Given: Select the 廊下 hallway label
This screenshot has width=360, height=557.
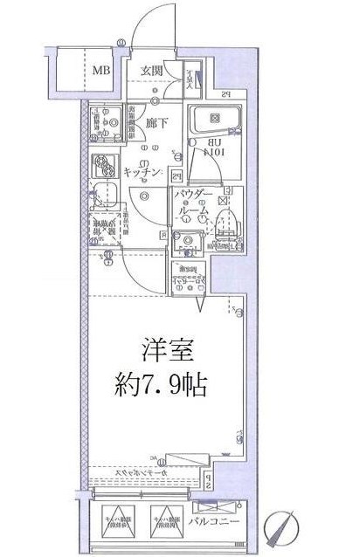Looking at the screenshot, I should (x=157, y=125).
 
